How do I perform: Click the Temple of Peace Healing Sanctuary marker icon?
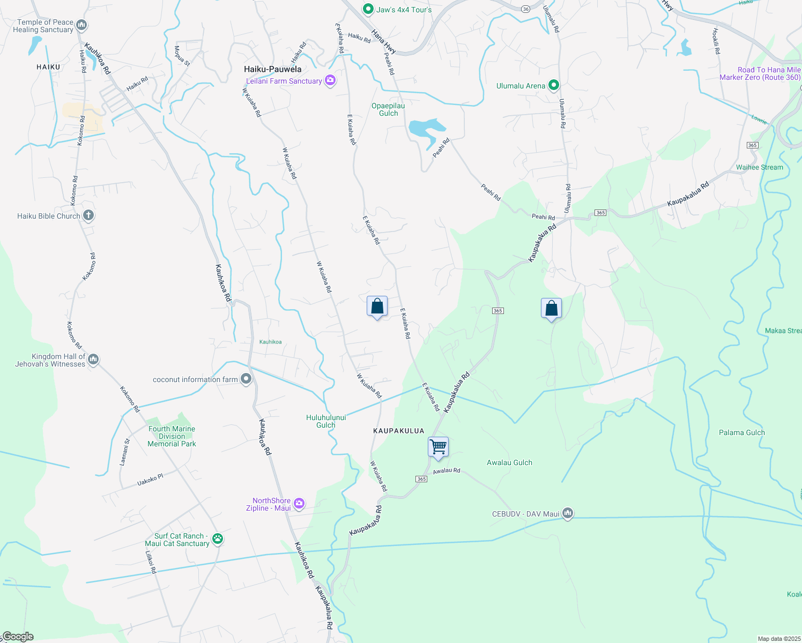point(81,25)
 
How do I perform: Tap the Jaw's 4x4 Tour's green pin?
point(368,9)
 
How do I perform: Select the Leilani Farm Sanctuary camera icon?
point(330,81)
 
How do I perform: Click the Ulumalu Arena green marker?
point(554,86)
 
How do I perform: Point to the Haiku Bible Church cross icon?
point(88,216)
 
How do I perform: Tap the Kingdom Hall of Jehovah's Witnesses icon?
point(93,359)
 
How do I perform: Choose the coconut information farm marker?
point(246,379)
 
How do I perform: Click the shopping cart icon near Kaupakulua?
point(439,446)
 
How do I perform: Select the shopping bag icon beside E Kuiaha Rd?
point(377,306)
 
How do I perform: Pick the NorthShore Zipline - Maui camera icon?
point(299,504)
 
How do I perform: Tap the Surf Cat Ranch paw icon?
point(217,539)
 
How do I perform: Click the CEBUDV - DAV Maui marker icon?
point(568,514)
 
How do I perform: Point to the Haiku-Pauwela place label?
point(272,69)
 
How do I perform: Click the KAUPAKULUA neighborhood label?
point(398,431)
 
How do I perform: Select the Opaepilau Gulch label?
point(388,109)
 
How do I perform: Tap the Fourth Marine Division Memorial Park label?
point(172,436)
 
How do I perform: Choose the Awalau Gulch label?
point(509,462)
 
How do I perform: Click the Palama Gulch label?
point(741,432)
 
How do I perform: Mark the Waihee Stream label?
point(759,167)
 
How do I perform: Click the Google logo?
point(18,637)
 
